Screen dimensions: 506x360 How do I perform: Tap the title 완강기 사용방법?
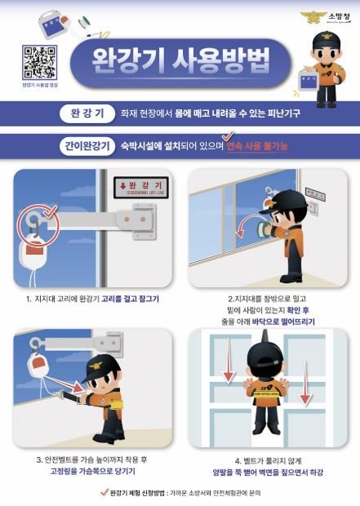tap(180, 62)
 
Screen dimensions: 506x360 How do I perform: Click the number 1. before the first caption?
tap(29, 299)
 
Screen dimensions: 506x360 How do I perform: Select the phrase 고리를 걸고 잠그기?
tap(130, 299)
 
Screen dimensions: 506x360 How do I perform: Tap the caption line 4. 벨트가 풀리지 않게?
tap(267, 459)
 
